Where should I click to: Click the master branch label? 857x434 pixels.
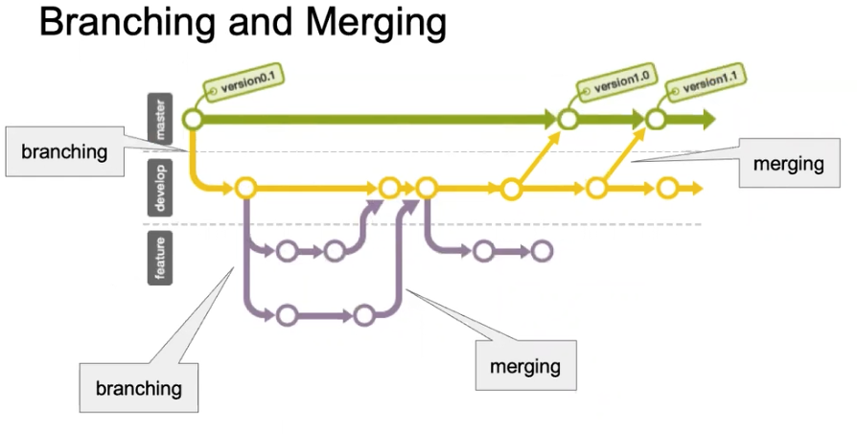(x=160, y=119)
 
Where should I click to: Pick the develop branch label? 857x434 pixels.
(x=160, y=187)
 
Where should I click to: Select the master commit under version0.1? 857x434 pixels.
(x=193, y=119)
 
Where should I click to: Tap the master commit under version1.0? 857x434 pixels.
(x=567, y=119)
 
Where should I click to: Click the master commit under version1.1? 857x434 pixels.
(x=656, y=119)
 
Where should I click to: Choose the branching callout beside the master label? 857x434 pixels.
(x=64, y=151)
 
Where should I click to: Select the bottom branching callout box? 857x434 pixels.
(x=138, y=388)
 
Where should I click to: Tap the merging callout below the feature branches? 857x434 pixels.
(x=524, y=366)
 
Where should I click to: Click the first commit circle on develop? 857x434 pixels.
(x=244, y=188)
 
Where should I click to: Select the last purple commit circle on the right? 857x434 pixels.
(x=543, y=252)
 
